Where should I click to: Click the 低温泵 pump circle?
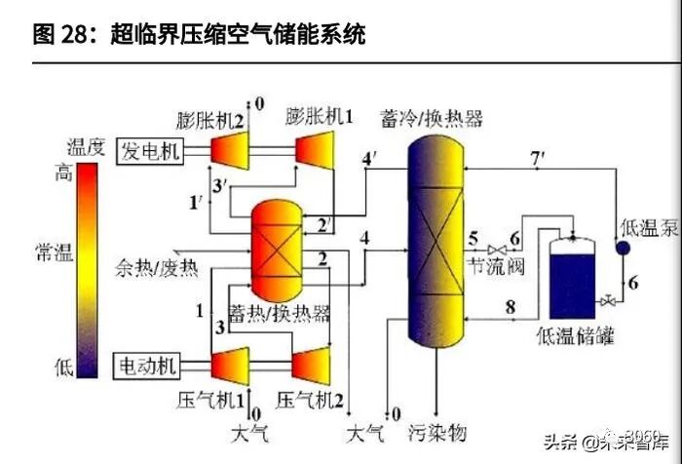622,248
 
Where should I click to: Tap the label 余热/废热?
155,266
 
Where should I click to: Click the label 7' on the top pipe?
538,158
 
